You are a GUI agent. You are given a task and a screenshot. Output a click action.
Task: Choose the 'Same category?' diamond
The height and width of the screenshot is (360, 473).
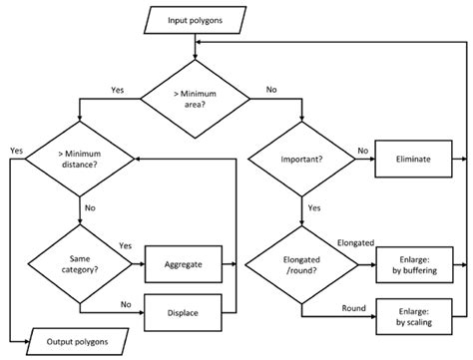click(80, 264)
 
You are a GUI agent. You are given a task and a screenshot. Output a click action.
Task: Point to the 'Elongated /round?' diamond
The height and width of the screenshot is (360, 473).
click(301, 264)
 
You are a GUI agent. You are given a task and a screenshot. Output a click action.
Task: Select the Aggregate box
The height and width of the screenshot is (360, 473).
click(189, 264)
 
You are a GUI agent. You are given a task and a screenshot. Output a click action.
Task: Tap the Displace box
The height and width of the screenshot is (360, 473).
click(189, 313)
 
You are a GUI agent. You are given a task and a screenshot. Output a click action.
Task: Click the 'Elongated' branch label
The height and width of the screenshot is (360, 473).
click(357, 241)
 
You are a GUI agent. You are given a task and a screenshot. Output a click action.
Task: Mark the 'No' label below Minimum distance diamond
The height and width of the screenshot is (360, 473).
click(91, 207)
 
